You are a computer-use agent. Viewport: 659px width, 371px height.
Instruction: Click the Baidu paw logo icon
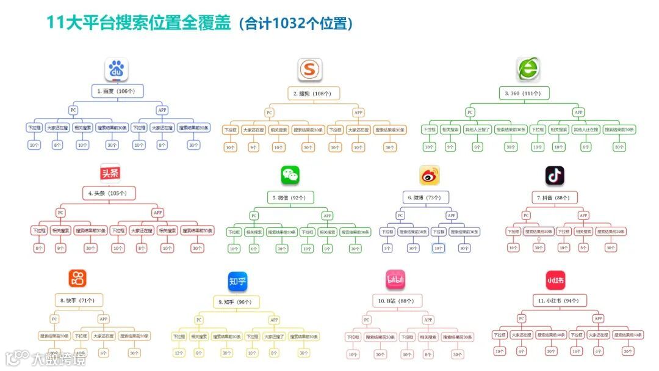coord(116,70)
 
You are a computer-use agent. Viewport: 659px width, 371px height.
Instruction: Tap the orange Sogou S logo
coord(310,70)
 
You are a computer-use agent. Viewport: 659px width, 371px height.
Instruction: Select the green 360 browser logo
coord(527,70)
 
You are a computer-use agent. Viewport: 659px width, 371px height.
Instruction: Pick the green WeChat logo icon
coord(290,175)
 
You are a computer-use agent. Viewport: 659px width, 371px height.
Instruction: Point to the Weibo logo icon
coord(430,175)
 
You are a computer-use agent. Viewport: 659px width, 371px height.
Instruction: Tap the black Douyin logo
coord(555,175)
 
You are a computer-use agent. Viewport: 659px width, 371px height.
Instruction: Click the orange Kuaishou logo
coord(77,279)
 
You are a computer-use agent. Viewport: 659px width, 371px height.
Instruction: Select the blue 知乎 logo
coord(237,281)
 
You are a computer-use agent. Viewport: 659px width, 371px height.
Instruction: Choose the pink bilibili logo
coord(395,280)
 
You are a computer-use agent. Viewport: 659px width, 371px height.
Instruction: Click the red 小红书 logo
coord(555,280)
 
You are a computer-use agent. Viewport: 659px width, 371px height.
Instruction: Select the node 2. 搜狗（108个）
coord(312,94)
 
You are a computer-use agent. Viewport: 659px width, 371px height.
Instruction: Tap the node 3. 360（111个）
coord(524,93)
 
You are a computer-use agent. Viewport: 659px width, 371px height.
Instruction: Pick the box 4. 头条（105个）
coord(108,193)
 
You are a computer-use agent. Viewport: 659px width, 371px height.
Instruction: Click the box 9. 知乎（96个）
coord(236,302)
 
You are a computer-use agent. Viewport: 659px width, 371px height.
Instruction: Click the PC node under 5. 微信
coord(254,216)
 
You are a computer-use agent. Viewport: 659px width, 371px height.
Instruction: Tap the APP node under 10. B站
coord(428,320)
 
